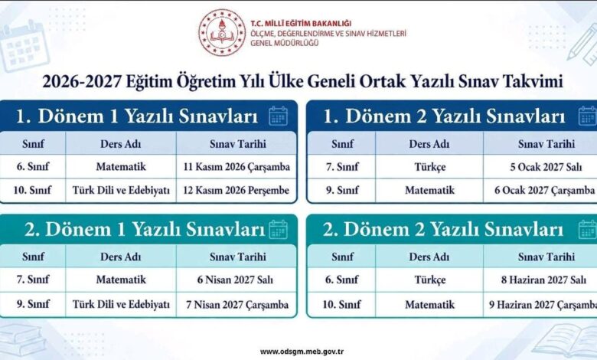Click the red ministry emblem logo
222,32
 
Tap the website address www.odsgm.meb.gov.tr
302,352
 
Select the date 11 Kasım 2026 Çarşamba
237,167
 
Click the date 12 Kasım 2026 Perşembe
236,190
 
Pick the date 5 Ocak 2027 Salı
546,167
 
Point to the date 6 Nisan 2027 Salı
235,280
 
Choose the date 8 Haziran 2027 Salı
543,280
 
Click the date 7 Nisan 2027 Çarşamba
237,305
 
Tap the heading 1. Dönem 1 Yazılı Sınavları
137,116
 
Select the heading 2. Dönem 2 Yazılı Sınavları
443,229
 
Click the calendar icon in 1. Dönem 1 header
279,116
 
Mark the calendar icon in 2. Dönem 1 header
279,229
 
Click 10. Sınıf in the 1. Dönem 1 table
32,190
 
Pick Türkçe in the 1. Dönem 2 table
430,167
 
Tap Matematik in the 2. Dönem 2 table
430,304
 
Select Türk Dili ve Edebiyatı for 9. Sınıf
121,304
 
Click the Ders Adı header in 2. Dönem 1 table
121,257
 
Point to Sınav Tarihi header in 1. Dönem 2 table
546,144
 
